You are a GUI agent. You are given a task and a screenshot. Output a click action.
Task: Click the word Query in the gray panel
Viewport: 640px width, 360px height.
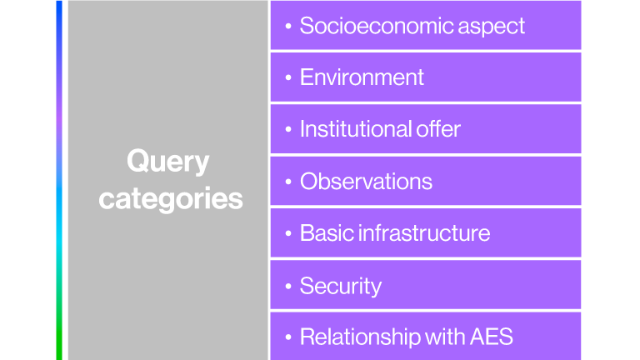(167, 162)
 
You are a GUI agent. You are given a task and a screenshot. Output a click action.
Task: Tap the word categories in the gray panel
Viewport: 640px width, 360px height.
(170, 199)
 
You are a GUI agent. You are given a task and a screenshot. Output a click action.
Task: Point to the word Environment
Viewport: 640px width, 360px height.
(362, 77)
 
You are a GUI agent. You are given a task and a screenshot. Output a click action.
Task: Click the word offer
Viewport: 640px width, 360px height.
(437, 129)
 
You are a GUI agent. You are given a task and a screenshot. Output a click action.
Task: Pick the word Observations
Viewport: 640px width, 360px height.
(366, 182)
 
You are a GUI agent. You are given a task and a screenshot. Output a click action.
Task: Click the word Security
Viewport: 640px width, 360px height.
(340, 286)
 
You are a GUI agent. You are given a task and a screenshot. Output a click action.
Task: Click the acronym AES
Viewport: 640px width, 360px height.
(491, 337)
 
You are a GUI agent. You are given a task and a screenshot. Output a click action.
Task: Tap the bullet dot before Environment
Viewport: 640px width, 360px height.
(288, 78)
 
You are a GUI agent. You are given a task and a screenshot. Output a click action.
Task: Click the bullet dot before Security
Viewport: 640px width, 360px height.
(288, 287)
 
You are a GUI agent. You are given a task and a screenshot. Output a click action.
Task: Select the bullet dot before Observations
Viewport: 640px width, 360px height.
(288, 182)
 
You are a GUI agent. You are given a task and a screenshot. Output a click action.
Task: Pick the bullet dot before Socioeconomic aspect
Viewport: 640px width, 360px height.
(288, 27)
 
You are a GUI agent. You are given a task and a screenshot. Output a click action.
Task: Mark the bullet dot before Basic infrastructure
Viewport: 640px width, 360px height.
(288, 234)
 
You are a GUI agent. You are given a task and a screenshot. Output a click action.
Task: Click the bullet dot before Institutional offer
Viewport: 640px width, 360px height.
(288, 130)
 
